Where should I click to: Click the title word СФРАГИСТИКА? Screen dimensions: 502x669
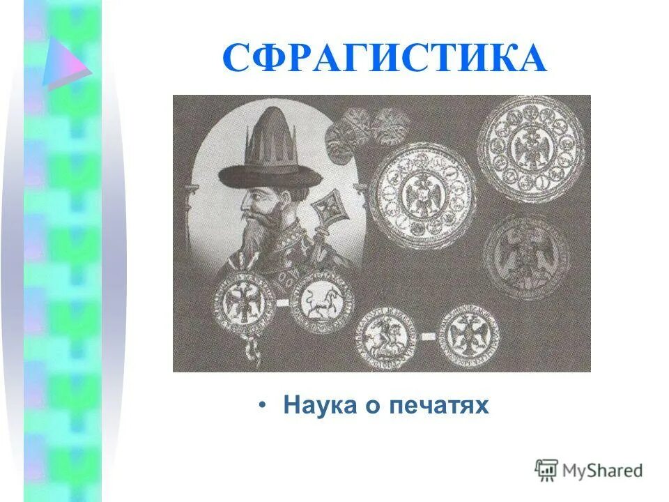[x=384, y=59]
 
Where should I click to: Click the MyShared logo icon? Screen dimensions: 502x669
[x=546, y=470]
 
